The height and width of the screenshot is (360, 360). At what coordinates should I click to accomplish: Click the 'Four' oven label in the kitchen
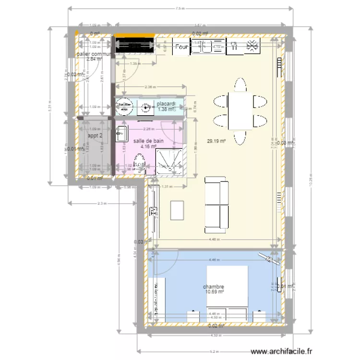click(x=181, y=47)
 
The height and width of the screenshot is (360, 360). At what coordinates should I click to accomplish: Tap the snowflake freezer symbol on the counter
click(x=251, y=46)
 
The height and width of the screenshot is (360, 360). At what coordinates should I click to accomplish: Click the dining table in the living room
click(x=239, y=111)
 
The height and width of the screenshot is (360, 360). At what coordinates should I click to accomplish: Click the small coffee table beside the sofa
click(x=178, y=210)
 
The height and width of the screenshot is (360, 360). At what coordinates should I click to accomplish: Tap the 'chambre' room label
click(x=214, y=287)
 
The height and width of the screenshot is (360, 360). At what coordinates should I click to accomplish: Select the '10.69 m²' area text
click(x=214, y=292)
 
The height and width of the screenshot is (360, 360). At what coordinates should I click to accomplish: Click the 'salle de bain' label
click(x=148, y=141)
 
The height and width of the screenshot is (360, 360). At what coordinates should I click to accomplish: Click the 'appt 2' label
click(x=95, y=135)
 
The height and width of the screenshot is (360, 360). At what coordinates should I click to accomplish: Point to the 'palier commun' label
click(x=94, y=54)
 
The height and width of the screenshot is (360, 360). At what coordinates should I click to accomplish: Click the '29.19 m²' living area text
click(x=216, y=141)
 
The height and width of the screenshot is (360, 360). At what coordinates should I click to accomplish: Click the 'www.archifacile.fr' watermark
click(x=285, y=352)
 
